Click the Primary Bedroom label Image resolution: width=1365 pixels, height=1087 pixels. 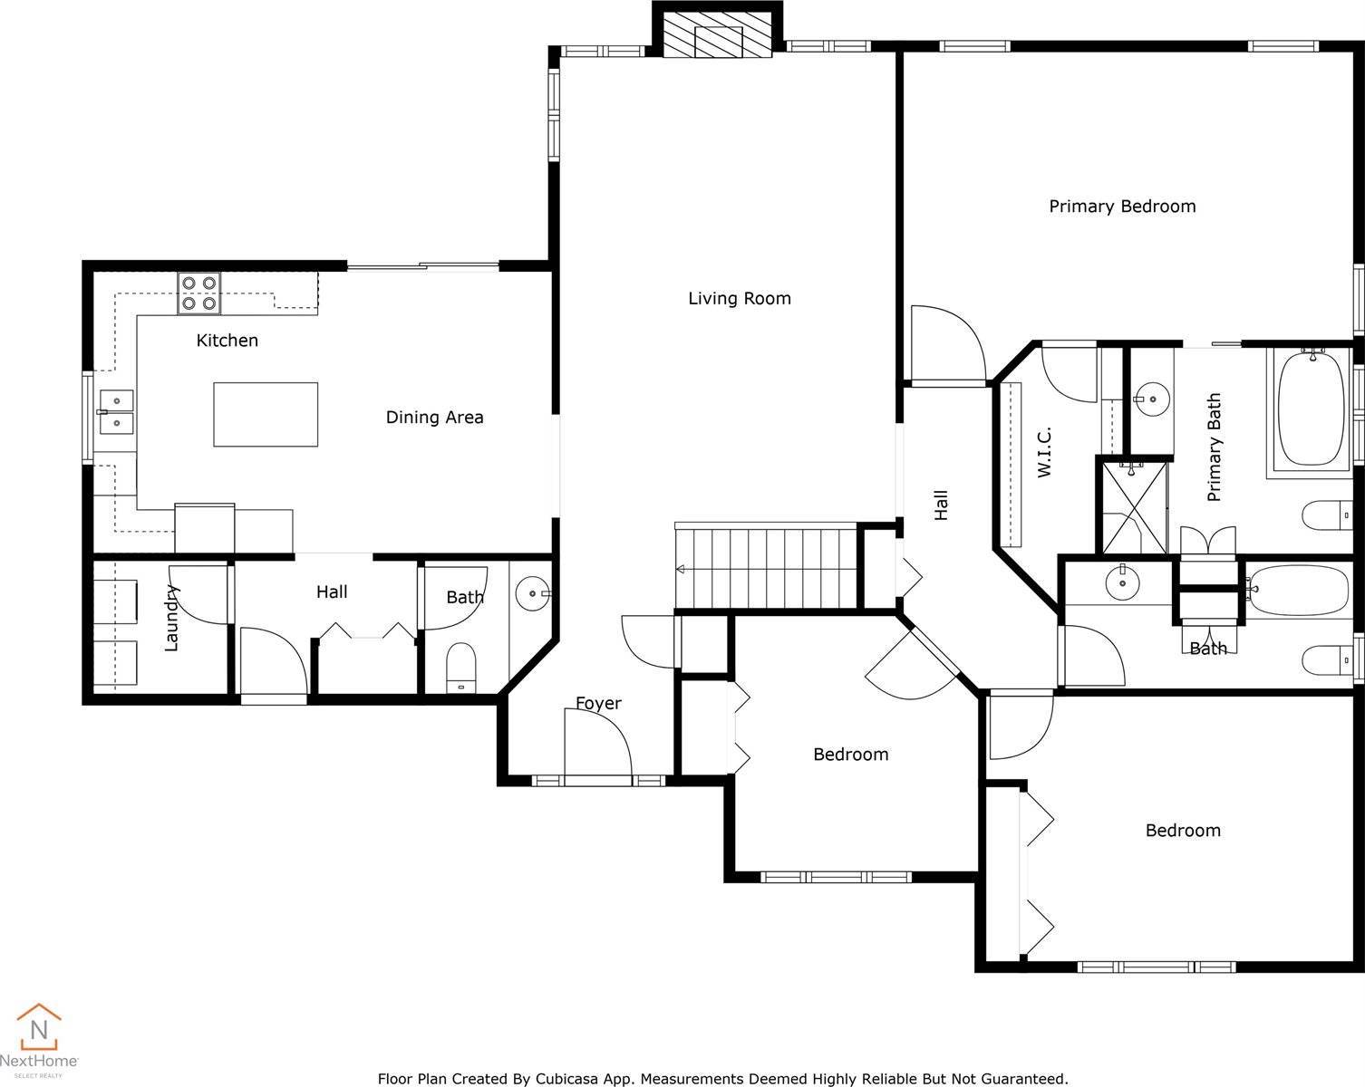tap(1122, 207)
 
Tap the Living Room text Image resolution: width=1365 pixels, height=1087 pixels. tap(739, 298)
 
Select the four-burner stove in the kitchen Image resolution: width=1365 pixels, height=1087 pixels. tap(199, 293)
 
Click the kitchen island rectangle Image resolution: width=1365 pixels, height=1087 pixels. tap(266, 414)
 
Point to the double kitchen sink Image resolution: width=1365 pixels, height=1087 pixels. tap(116, 411)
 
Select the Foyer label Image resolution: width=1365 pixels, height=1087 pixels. tap(598, 704)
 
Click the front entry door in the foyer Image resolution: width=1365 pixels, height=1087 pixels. tap(596, 745)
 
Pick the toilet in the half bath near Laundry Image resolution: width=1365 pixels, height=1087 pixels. tap(461, 668)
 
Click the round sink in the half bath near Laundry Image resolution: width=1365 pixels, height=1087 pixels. tap(530, 594)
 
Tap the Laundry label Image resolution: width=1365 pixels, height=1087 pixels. tap(172, 618)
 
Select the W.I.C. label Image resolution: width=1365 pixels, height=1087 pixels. tap(1044, 452)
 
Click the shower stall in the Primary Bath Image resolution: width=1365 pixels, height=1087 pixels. tap(1133, 506)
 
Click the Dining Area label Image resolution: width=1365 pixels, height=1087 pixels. tap(434, 418)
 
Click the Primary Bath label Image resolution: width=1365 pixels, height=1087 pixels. tap(1215, 447)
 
